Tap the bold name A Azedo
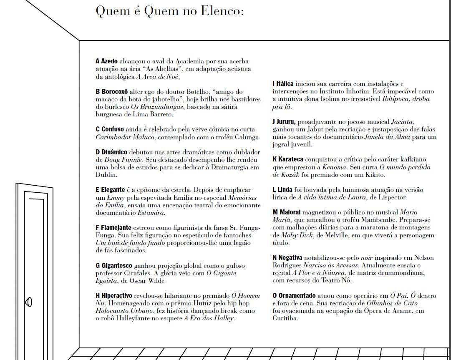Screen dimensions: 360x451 coord(106,61)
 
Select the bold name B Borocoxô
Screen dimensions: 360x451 coord(111,92)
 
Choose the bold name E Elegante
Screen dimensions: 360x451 coord(110,190)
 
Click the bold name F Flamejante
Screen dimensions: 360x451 coord(113,228)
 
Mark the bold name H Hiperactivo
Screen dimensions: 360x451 coord(114,296)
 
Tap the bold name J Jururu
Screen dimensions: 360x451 coord(284,122)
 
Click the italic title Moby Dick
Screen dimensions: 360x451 coord(296,235)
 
